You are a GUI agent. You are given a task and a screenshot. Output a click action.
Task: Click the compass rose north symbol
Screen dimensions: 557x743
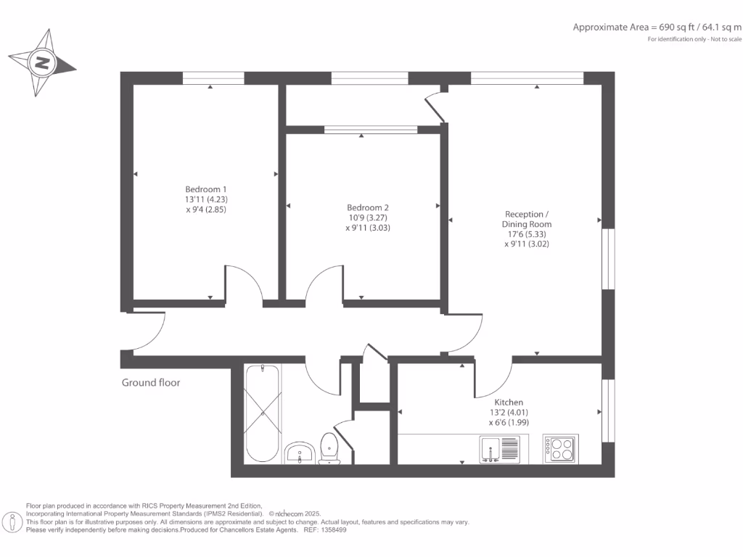pos(42,62)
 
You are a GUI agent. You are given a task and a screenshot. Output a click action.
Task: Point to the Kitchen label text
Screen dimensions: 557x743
pos(509,402)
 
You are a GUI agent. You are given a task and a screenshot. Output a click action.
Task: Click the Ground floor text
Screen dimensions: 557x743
pos(151,382)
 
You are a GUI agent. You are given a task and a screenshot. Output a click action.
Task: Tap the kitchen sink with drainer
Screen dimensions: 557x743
pos(500,449)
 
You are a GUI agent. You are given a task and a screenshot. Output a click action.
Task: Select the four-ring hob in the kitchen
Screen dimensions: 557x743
pos(561,449)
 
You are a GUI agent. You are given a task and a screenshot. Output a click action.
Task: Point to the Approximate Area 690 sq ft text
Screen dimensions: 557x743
pos(657,28)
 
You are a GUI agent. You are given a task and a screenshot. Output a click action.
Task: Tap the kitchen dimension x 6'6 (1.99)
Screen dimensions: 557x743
pos(509,422)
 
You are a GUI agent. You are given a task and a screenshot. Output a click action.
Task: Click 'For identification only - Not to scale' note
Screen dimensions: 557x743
pos(695,38)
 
